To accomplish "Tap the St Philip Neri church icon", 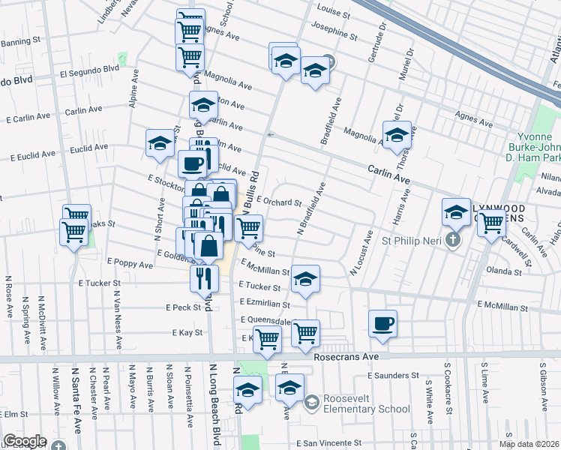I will point(451,241).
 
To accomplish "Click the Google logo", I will point(24,441).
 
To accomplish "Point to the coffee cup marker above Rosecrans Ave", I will point(382,324).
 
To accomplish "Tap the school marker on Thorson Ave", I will point(397,136).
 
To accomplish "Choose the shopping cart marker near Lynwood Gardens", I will point(491,223).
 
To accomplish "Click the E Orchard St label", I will point(278,202).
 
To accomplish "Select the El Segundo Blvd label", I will point(90,70).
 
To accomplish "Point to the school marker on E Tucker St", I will point(305,280).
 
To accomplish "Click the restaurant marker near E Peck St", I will point(204,278).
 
